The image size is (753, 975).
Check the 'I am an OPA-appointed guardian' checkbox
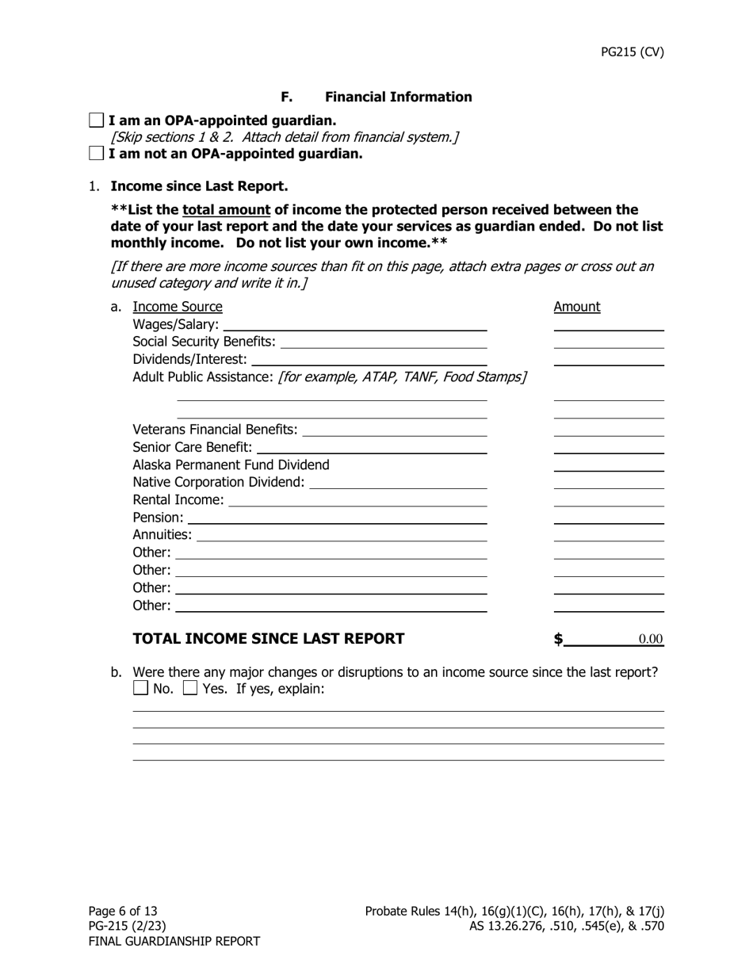click(x=96, y=120)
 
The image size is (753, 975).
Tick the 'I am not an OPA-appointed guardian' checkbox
click(x=96, y=154)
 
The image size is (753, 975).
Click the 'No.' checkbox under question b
click(x=141, y=688)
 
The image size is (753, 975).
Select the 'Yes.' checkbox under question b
click(x=190, y=688)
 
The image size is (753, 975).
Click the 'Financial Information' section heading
click(x=398, y=97)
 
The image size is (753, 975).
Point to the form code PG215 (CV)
click(x=632, y=52)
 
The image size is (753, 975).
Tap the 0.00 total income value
click(x=650, y=640)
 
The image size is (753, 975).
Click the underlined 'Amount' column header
click(x=576, y=307)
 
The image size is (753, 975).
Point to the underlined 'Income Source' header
click(x=178, y=307)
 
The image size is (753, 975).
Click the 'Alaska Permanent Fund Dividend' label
click(x=231, y=465)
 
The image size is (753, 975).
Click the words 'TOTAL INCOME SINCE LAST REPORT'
click(x=268, y=639)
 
